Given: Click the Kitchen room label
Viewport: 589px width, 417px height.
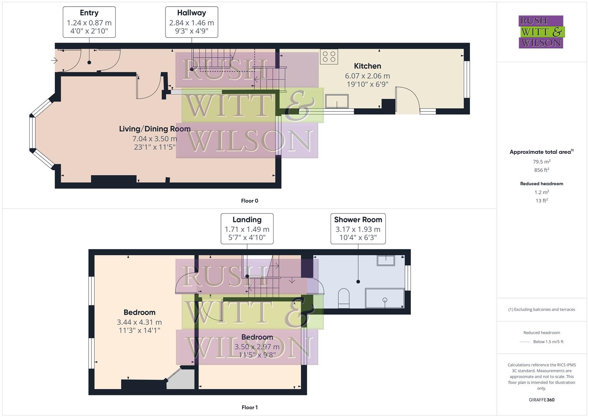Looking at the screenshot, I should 367,66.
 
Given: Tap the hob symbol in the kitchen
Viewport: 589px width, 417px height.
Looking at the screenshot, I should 329,57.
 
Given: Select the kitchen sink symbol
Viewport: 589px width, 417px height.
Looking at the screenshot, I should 337,102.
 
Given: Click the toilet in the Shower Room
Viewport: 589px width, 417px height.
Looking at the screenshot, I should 343,298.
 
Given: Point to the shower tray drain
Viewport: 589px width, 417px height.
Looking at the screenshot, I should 385,300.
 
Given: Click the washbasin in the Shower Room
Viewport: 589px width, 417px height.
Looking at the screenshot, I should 386,261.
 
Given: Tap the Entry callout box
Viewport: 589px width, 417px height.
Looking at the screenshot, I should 89,22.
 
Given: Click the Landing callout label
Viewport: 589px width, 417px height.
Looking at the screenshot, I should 247,220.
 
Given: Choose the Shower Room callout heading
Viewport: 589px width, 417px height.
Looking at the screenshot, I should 358,220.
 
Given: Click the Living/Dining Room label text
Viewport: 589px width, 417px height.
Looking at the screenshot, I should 155,129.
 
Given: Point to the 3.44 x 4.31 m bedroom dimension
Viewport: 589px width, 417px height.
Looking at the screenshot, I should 139,322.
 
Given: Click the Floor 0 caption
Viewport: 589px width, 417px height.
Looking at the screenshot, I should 250,201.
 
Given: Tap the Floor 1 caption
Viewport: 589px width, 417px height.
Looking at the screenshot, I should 249,407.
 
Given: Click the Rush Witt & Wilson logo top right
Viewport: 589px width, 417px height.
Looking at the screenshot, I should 541,32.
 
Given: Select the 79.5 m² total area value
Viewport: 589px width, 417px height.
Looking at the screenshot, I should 542,162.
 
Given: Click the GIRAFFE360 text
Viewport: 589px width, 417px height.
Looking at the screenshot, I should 542,400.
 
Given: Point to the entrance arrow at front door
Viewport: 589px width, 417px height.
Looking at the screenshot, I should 54,61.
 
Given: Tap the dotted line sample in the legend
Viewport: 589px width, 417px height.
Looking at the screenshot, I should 525,342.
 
